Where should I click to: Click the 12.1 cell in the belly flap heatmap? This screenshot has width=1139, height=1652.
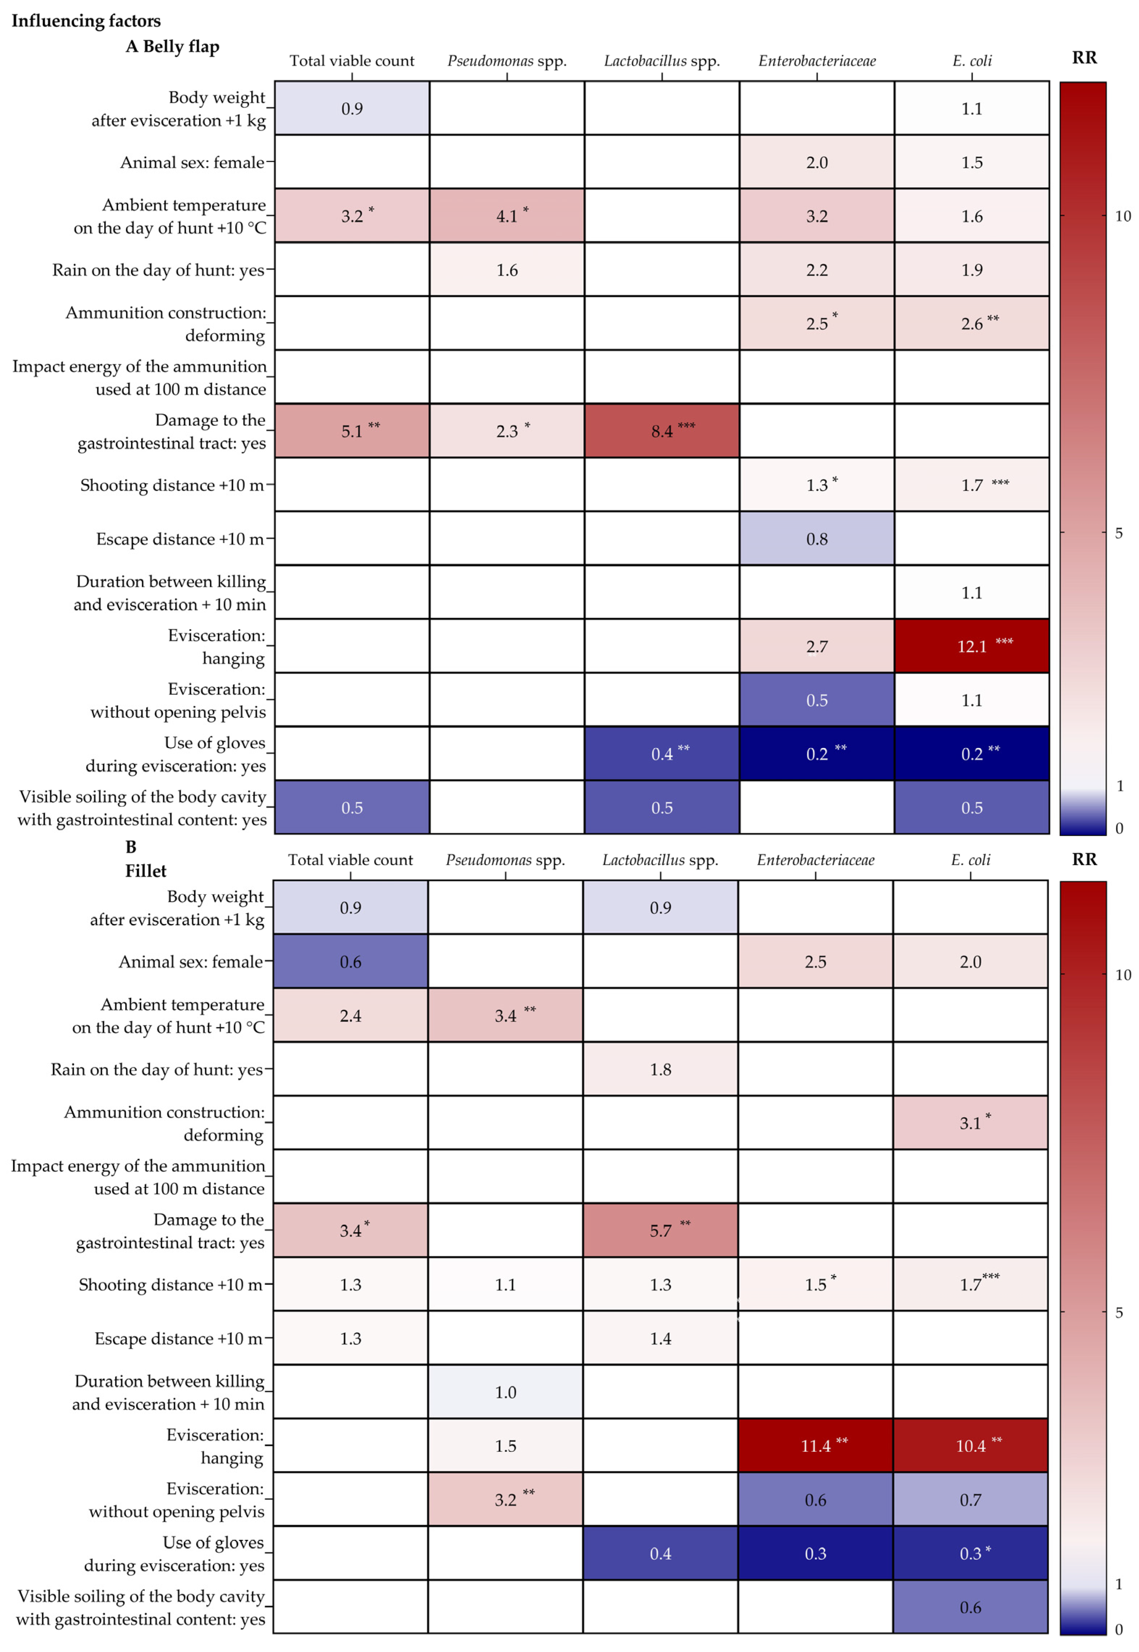pos(971,646)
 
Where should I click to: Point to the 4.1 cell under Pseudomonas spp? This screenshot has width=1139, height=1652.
pos(507,216)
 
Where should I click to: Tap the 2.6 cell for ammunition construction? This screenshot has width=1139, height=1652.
pos(971,323)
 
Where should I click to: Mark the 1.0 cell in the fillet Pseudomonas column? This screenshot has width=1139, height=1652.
pos(505,1392)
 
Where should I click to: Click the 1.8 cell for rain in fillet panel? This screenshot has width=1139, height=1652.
pos(660,1069)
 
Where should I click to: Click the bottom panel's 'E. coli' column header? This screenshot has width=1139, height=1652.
pos(971,860)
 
